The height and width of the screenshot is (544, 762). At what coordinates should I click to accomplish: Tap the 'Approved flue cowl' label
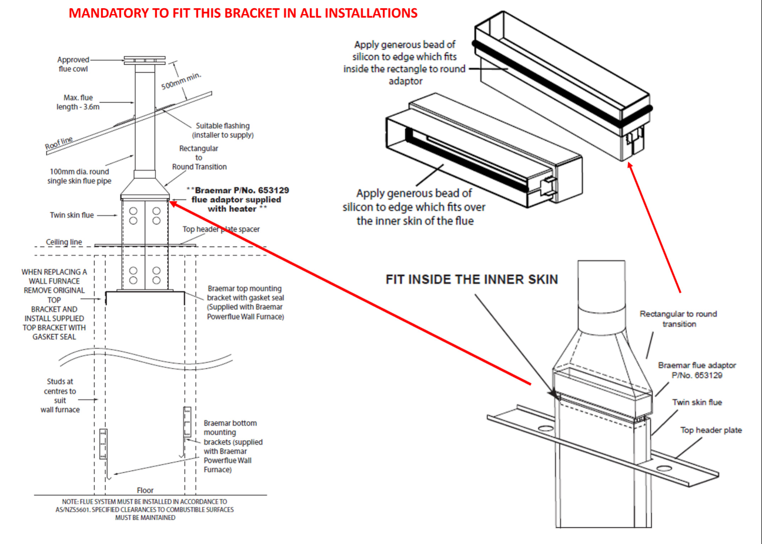click(x=73, y=64)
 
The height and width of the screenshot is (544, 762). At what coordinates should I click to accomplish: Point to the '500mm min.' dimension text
click(x=181, y=81)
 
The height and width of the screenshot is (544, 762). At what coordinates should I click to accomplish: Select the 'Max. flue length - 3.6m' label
click(x=78, y=102)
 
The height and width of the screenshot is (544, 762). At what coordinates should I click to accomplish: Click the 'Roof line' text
click(x=59, y=143)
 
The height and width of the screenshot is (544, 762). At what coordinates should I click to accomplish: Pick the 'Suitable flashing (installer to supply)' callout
click(x=223, y=130)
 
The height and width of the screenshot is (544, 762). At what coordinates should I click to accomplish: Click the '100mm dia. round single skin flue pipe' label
click(x=79, y=176)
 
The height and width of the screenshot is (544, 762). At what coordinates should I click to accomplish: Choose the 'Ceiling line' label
click(x=64, y=242)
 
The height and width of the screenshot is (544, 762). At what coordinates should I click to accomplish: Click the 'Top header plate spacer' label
click(x=221, y=229)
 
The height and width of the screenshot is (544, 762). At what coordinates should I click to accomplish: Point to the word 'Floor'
click(x=145, y=490)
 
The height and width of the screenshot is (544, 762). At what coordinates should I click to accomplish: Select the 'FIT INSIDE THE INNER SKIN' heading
click(x=472, y=279)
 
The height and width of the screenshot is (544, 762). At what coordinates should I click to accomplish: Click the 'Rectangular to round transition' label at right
click(x=679, y=319)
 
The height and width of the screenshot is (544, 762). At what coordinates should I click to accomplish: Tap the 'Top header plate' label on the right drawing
click(x=711, y=430)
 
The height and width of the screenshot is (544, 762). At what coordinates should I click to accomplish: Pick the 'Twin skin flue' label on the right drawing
click(x=697, y=402)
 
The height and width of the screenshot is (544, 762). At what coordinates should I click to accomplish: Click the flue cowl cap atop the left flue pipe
click(x=145, y=60)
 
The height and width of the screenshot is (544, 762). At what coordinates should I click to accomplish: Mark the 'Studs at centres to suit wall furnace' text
click(x=60, y=395)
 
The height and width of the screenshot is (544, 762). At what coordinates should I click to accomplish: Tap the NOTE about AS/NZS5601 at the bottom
click(x=145, y=509)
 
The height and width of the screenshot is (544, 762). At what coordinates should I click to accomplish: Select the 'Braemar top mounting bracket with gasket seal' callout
click(x=245, y=302)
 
